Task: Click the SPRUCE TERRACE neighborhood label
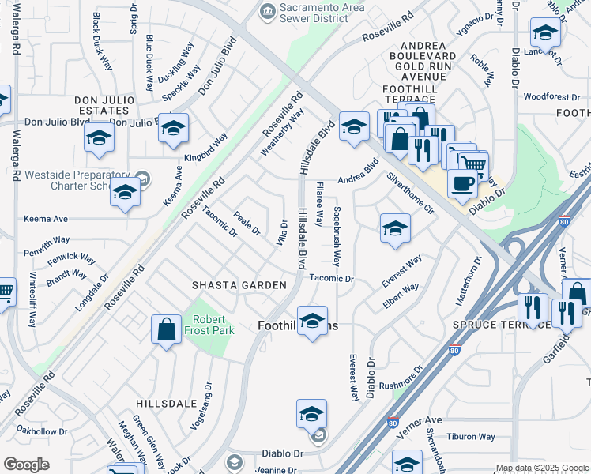[496, 325]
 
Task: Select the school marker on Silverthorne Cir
[395, 228]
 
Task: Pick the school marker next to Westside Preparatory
[125, 193]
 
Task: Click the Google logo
[27, 464]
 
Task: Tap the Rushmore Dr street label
[402, 376]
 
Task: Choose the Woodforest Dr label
[551, 97]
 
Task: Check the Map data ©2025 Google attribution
[542, 468]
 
